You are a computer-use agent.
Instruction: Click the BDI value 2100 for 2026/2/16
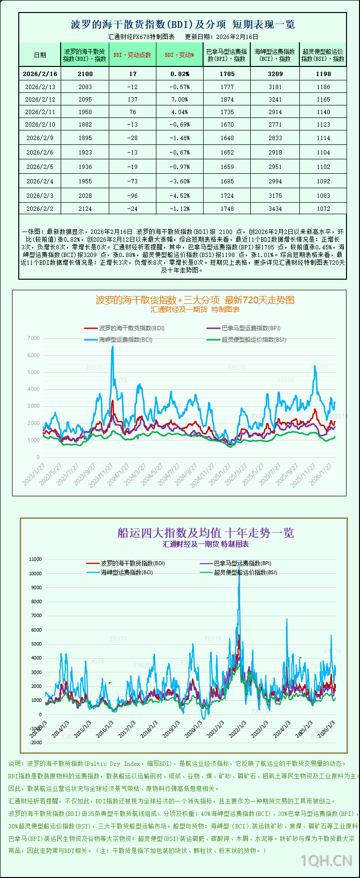[85, 74]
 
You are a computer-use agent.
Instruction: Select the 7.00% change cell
[179, 100]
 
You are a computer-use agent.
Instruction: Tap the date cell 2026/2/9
[40, 138]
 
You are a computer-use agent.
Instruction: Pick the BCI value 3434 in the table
[275, 209]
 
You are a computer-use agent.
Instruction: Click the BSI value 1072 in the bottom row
[323, 209]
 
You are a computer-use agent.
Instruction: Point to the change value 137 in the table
[132, 100]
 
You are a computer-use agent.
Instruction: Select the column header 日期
[40, 55]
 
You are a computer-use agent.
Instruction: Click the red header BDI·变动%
[179, 55]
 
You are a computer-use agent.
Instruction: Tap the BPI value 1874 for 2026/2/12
[227, 100]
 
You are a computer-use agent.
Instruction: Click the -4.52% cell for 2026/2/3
[179, 196]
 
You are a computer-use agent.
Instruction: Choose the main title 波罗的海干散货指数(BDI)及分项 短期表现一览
[183, 25]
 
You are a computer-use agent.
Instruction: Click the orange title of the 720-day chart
[195, 300]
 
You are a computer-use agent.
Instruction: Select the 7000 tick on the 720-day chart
[34, 338]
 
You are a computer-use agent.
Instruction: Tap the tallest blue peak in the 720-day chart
[113, 347]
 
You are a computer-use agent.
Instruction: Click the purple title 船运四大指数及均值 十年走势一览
[206, 533]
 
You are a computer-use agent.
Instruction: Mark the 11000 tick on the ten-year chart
[36, 559]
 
